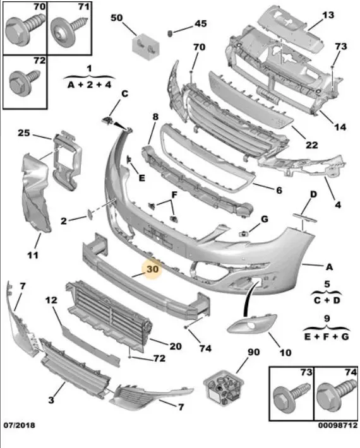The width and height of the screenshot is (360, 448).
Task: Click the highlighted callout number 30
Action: [x=152, y=269]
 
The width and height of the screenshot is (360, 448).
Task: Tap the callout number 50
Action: [x=116, y=18]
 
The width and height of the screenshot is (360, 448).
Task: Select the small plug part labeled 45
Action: [x=169, y=33]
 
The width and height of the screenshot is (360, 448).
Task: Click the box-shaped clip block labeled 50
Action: [x=145, y=47]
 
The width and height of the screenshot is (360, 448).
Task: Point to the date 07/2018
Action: [x=19, y=425]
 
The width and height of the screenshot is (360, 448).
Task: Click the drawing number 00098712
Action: [x=338, y=425]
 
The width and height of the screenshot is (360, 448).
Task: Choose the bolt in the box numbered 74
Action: [x=335, y=394]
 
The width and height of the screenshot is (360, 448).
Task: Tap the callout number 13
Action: [x=328, y=15]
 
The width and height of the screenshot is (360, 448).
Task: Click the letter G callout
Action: [x=265, y=219]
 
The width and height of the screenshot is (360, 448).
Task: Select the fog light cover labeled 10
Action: [x=252, y=324]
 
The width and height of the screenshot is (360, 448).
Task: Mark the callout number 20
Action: [x=176, y=346]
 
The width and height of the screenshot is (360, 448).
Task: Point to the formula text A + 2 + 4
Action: [x=89, y=85]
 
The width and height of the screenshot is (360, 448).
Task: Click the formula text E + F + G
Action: [x=327, y=336]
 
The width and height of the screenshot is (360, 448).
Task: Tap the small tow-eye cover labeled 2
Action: [x=90, y=214]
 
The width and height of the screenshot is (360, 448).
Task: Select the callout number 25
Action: [x=24, y=133]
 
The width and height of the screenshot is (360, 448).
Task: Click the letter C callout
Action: [x=124, y=94]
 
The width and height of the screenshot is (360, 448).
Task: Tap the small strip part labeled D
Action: [x=305, y=217]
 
